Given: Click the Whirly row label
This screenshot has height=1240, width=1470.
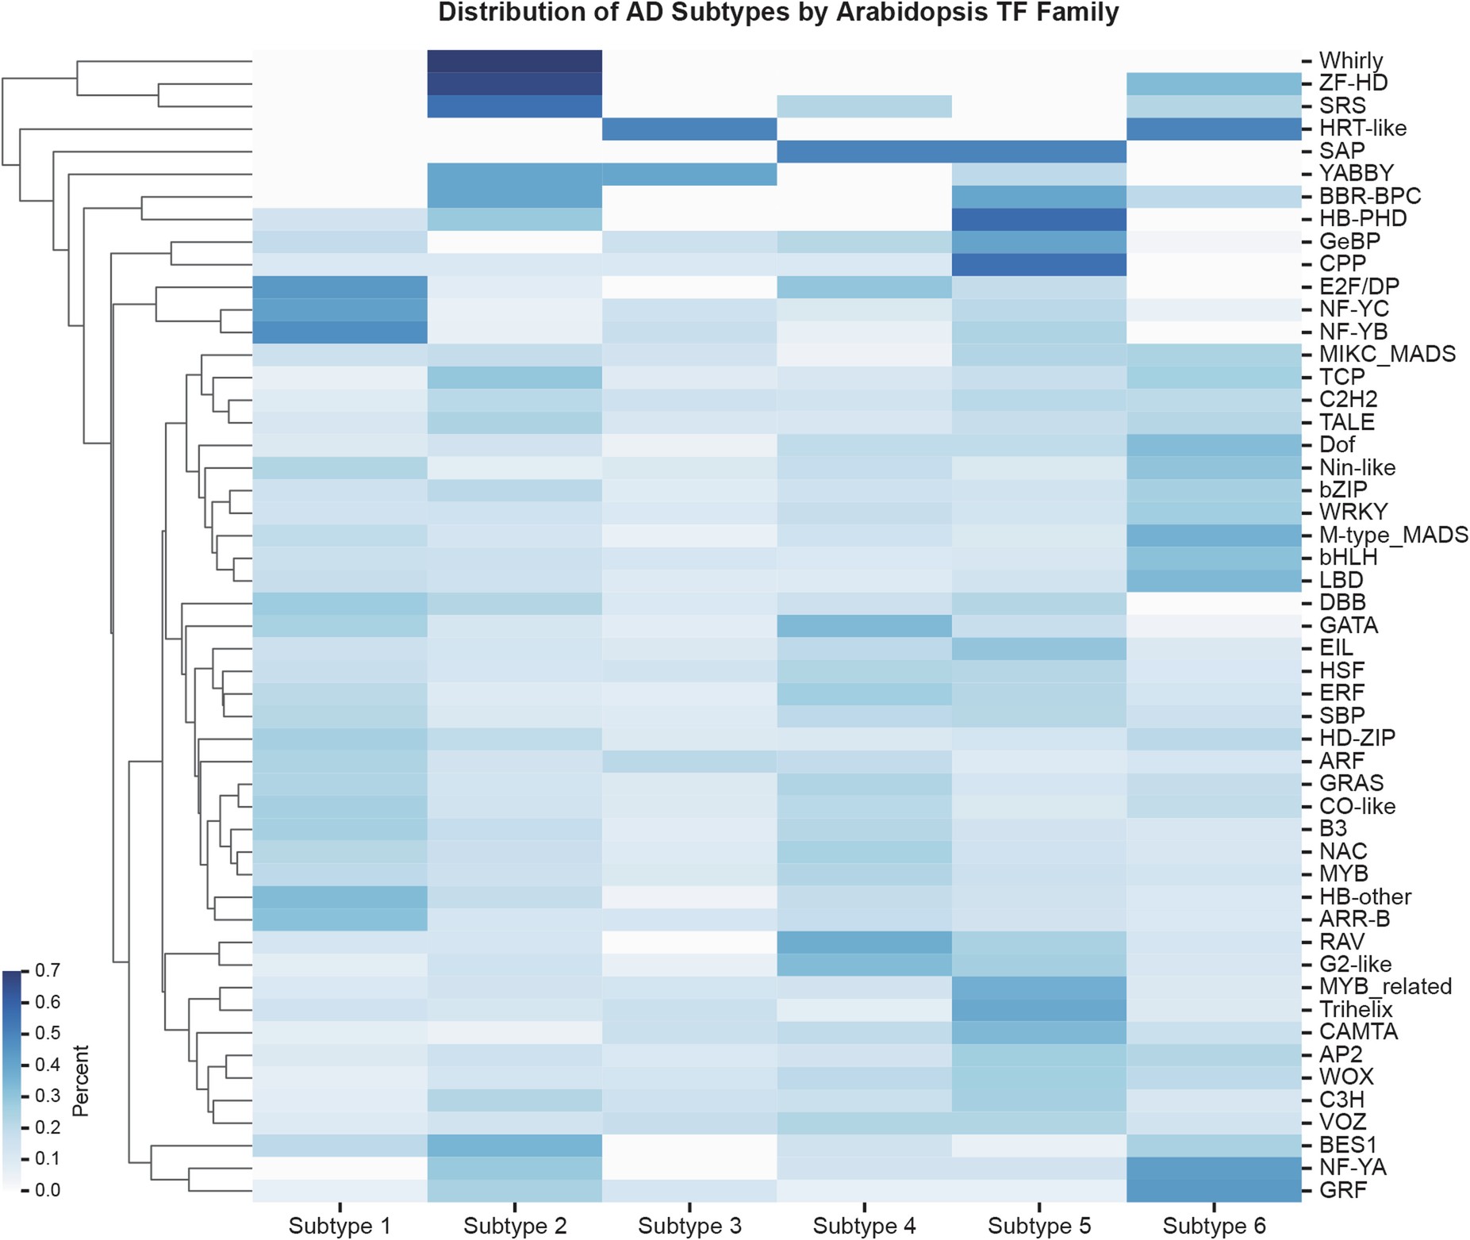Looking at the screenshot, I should (1350, 60).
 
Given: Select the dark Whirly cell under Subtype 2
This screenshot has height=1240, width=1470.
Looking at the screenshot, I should (514, 61).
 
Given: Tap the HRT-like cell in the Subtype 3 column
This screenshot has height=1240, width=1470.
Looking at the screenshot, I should (689, 129).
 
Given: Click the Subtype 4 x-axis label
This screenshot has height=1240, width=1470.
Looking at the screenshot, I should (864, 1226).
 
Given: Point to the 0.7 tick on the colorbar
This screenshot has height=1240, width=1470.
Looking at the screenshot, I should (48, 970).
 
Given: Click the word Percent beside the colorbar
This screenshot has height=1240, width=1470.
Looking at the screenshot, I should (80, 1081).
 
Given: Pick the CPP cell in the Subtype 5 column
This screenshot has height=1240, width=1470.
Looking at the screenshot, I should (1038, 264).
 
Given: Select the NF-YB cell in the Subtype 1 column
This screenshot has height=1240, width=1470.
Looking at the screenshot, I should (340, 332).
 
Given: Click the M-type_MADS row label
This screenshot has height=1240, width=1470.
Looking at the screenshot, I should (1393, 535).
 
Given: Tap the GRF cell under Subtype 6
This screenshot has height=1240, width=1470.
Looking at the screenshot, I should (1214, 1190).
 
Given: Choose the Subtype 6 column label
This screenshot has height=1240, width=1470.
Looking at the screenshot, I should (1214, 1226).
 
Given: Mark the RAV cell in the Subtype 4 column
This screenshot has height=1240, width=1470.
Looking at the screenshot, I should (864, 942).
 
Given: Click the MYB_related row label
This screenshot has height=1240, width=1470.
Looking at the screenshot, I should (1385, 986).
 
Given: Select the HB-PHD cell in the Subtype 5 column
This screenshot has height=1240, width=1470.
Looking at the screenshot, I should (1038, 219).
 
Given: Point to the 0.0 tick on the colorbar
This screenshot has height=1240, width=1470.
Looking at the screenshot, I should (48, 1190).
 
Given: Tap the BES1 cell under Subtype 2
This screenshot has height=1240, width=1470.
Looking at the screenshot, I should (514, 1145).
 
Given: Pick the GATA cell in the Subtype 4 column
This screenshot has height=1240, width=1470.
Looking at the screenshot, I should (864, 626).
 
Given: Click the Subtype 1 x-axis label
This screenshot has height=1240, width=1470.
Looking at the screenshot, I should (340, 1226).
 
